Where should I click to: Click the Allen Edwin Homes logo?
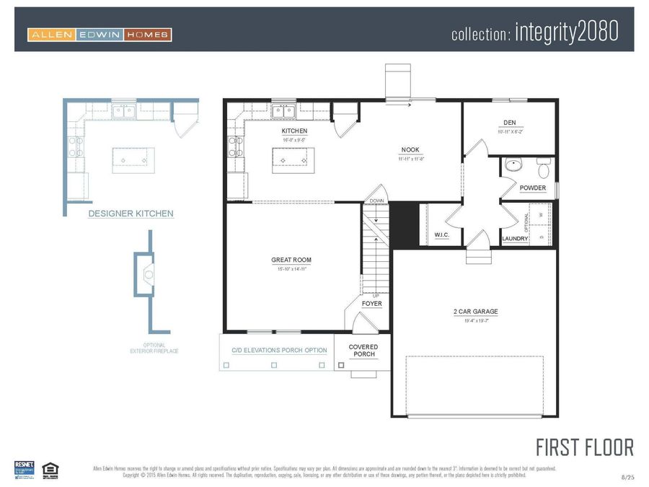(100, 35)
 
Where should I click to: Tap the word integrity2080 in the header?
(566, 32)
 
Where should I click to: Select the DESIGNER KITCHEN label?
(131, 214)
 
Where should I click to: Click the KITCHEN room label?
(294, 131)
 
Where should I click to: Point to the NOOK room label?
(410, 150)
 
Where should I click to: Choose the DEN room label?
(509, 123)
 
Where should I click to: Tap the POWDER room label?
(533, 188)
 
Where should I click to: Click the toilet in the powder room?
(544, 169)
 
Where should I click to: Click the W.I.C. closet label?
(442, 235)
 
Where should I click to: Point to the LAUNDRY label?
(515, 238)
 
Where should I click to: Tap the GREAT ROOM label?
(291, 260)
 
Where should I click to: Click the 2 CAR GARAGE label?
(475, 312)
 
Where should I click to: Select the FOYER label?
(371, 304)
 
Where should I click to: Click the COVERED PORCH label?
(363, 351)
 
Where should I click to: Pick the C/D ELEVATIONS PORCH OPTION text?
(279, 351)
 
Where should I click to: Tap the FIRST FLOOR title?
(584, 447)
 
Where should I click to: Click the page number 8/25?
(627, 477)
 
